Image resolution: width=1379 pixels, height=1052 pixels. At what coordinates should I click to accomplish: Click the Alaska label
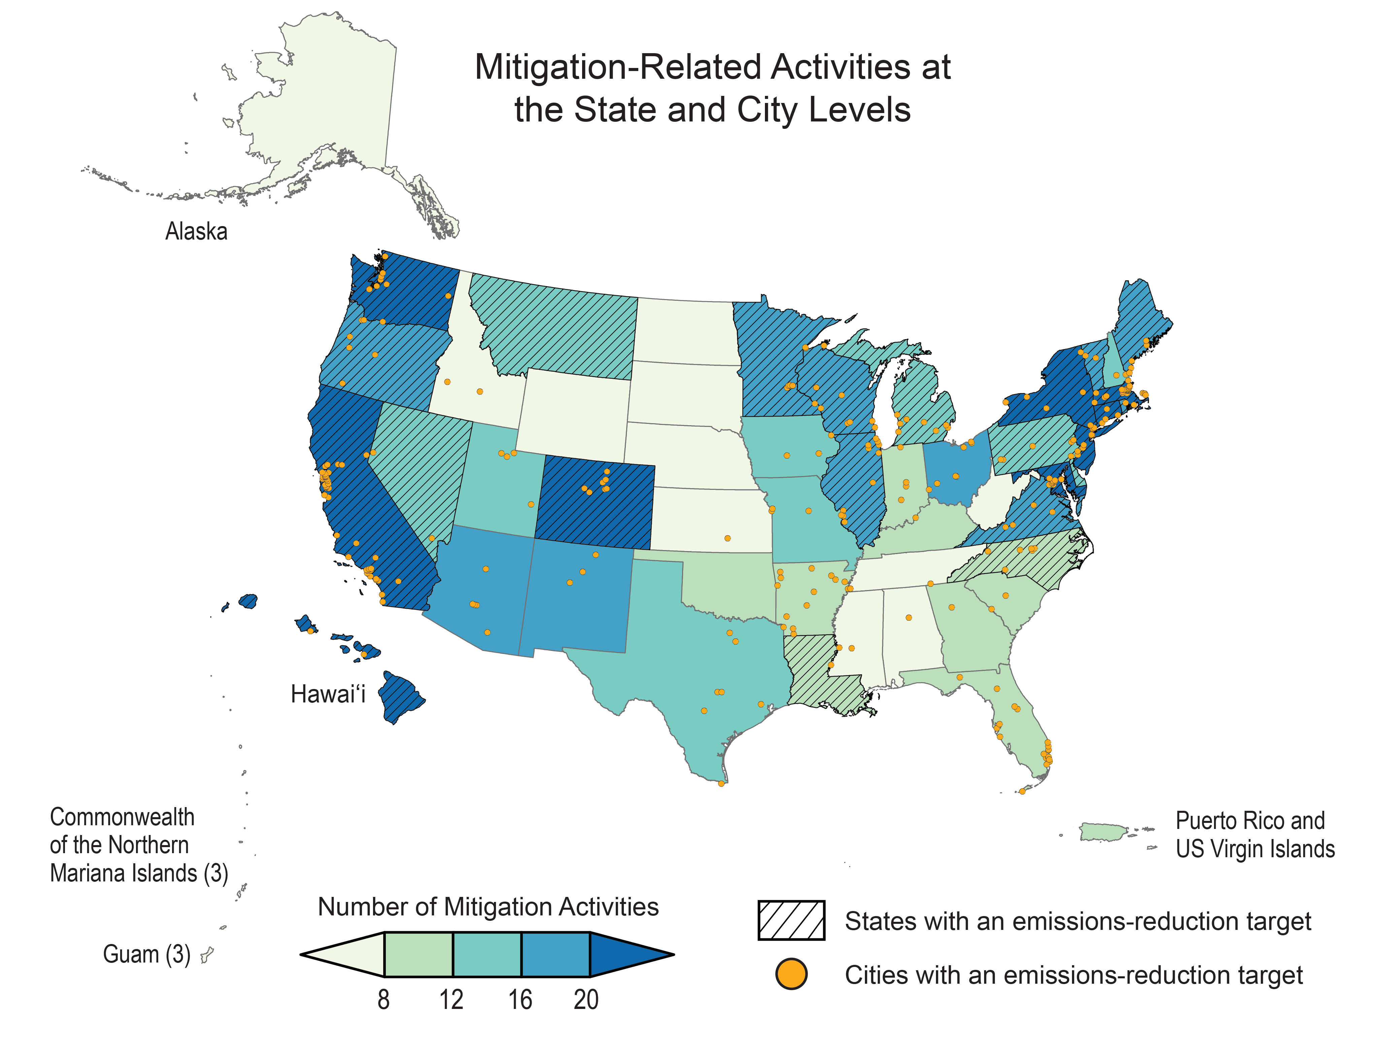pos(196,232)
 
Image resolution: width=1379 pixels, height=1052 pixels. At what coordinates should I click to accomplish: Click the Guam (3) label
pos(146,954)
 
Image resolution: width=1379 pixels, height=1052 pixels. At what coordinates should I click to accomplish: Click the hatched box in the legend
pos(791,920)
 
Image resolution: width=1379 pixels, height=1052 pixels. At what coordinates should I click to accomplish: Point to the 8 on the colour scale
pos(383,1000)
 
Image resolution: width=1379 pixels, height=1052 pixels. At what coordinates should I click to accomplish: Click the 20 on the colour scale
pos(586,1000)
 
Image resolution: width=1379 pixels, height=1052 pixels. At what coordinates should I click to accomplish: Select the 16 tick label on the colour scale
pos(519,1000)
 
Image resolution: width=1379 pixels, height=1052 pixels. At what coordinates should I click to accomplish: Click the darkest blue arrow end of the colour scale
pos(627,955)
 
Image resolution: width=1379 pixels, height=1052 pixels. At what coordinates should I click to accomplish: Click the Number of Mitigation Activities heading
pos(488,907)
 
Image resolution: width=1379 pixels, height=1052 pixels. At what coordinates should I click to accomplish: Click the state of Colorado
pos(595,504)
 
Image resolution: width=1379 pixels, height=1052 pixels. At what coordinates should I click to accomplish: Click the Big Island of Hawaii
pos(401,696)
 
